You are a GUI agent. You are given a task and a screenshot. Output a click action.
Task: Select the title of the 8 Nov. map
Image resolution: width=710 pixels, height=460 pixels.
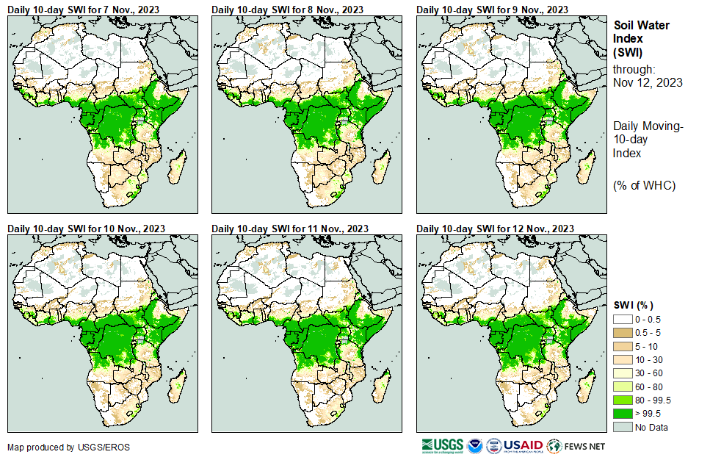[287, 9]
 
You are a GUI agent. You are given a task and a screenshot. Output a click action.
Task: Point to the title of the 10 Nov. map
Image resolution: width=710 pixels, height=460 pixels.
[86, 229]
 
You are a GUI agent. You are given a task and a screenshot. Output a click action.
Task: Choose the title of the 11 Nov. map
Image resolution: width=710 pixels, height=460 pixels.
[290, 229]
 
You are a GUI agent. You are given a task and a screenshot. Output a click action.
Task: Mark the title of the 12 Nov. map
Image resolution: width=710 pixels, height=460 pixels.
[495, 229]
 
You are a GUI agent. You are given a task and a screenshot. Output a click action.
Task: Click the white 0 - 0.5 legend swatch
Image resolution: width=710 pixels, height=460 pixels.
[623, 320]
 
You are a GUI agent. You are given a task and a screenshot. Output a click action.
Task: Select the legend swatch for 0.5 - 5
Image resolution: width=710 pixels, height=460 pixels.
[623, 333]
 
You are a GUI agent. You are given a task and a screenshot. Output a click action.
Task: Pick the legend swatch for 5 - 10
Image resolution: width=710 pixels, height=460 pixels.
[623, 346]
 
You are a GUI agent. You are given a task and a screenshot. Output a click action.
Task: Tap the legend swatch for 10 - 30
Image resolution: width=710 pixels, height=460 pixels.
[623, 359]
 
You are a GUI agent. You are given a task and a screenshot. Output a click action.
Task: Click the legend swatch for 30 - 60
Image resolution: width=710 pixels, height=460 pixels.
[623, 373]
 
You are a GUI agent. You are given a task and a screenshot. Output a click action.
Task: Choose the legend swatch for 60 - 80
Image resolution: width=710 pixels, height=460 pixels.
[623, 387]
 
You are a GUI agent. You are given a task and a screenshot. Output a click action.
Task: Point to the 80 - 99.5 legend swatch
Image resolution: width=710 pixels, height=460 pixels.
[623, 400]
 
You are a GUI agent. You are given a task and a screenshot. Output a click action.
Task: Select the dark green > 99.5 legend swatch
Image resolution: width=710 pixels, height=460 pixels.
[623, 413]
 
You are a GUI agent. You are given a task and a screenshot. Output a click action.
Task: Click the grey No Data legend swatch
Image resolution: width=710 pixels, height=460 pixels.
[623, 427]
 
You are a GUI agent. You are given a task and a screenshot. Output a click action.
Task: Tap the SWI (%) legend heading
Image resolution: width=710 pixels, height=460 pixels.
[634, 305]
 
